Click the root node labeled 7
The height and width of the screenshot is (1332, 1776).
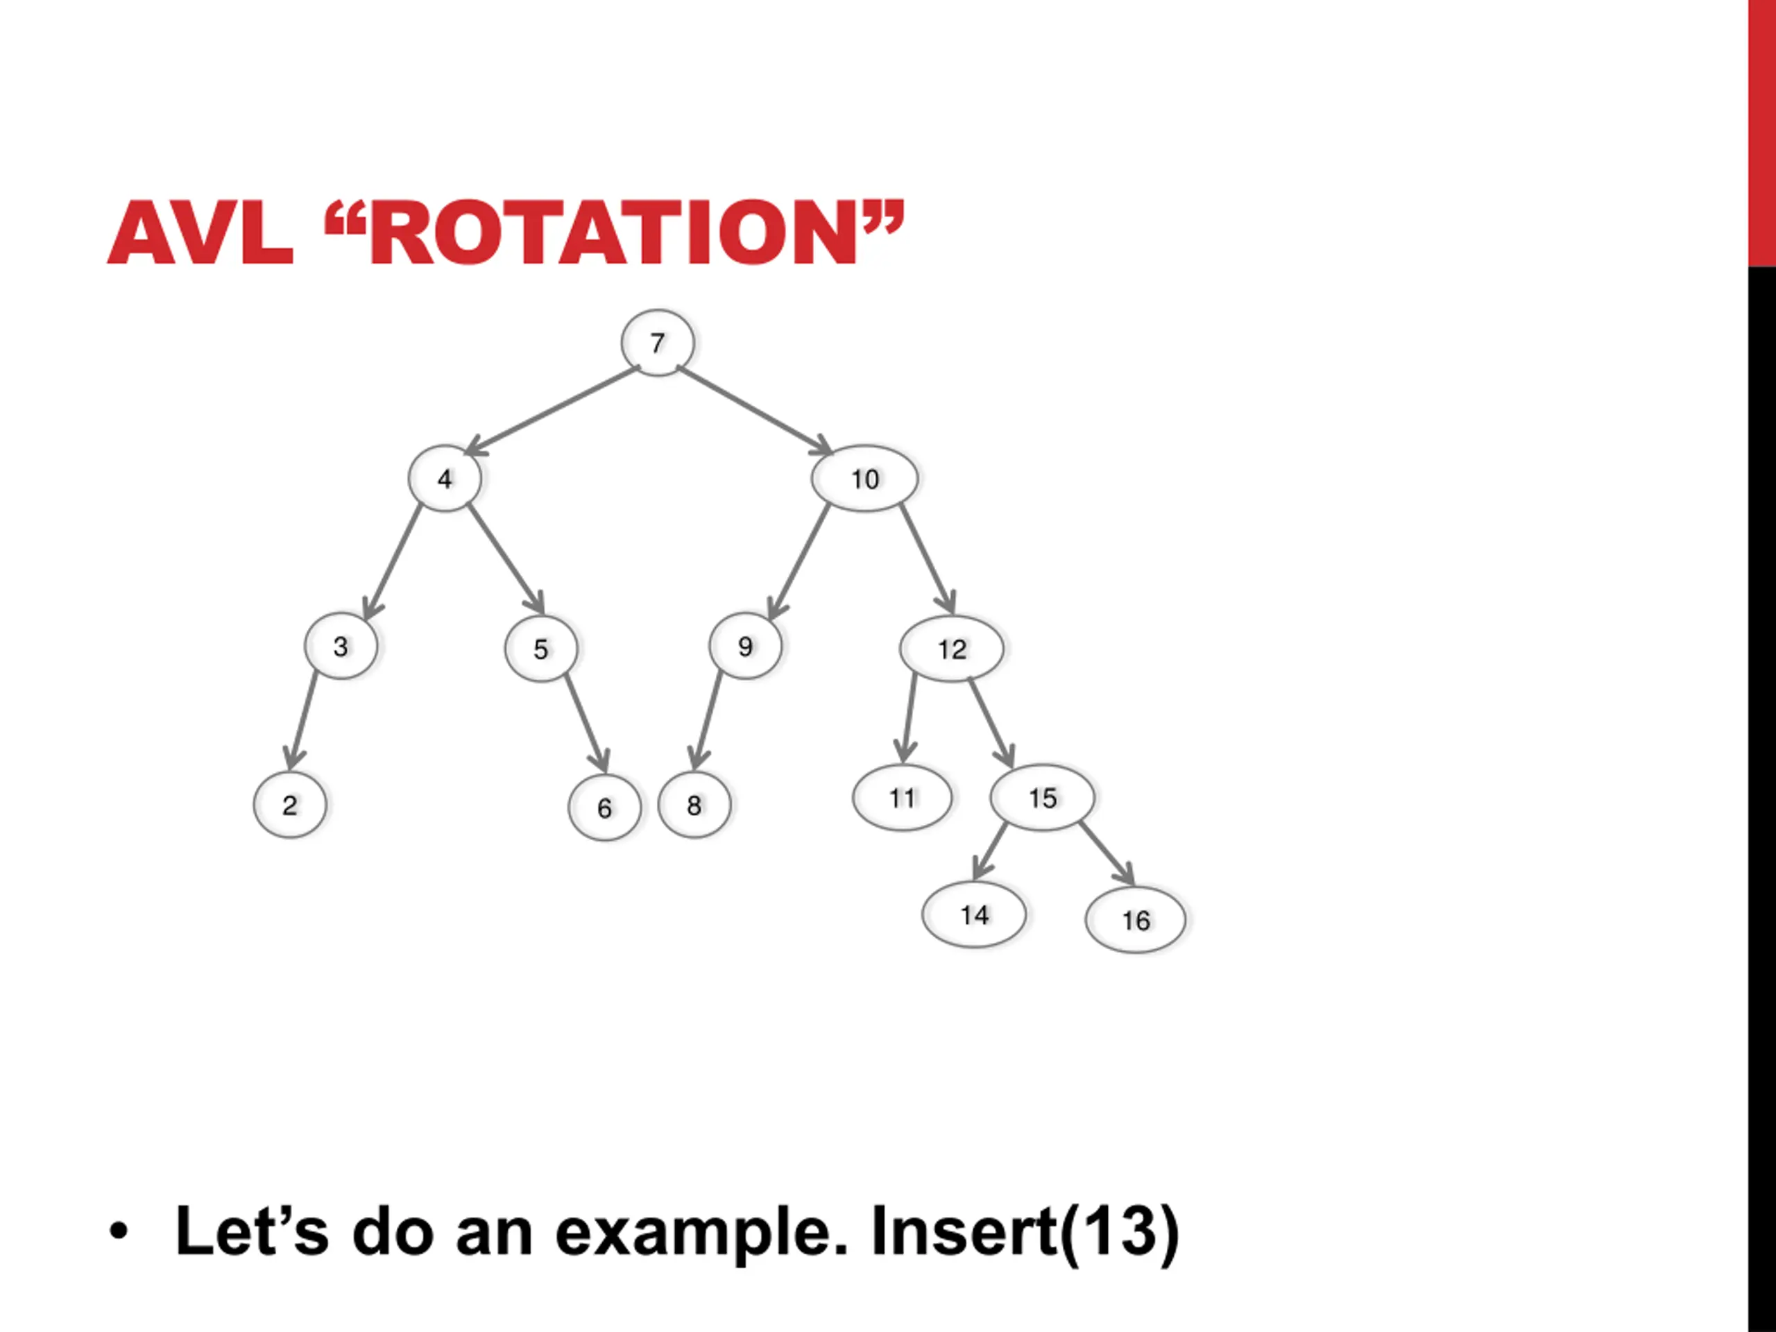click(x=658, y=343)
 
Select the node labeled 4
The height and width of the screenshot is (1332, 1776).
click(x=445, y=479)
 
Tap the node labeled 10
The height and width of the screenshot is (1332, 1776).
click(x=864, y=479)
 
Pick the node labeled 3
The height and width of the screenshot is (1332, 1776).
click(x=341, y=647)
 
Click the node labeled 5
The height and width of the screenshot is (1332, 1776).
click(x=541, y=649)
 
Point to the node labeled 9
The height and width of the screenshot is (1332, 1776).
click(x=745, y=647)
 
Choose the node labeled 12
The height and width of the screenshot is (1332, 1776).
click(x=951, y=649)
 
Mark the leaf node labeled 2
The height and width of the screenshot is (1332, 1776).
click(x=290, y=805)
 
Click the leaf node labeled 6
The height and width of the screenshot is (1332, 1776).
click(x=604, y=808)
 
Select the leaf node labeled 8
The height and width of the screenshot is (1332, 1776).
click(x=694, y=805)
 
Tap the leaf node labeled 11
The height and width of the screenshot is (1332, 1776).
click(x=903, y=797)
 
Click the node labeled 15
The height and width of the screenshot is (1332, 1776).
click(x=1042, y=797)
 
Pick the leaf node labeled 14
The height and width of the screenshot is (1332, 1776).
click(x=974, y=914)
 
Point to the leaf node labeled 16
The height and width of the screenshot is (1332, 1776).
click(x=1135, y=920)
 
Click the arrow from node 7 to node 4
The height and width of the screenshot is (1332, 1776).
click(x=552, y=409)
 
